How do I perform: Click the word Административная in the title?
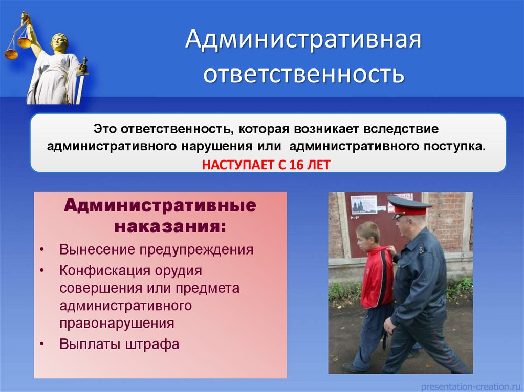point(303,39)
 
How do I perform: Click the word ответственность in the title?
point(304,74)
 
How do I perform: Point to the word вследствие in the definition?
point(401,129)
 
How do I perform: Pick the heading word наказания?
point(170,227)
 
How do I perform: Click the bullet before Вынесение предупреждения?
point(41,250)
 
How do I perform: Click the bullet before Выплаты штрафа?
point(41,344)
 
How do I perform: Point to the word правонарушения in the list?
point(117,324)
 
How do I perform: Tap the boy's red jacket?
point(377,277)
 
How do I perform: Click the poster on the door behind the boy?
point(364,204)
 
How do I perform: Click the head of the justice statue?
point(60,42)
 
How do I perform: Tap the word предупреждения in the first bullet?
point(196,250)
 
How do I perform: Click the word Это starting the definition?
point(105,129)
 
